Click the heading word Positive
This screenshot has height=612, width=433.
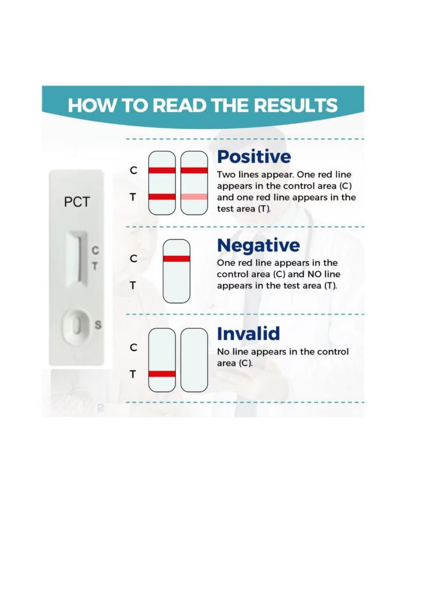(254, 157)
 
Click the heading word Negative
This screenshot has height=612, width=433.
(258, 246)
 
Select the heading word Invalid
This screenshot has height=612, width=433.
(249, 333)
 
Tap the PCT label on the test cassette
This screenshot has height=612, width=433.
(77, 202)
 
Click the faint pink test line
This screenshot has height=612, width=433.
(194, 196)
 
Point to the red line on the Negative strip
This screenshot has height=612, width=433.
(177, 258)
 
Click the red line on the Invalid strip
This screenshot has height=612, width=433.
(162, 374)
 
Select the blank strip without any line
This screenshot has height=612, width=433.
(194, 360)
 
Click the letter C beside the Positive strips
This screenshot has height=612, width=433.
(134, 170)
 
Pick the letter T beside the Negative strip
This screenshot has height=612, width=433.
(133, 286)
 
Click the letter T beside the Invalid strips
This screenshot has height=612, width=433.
(133, 374)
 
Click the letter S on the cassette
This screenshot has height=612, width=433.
(98, 325)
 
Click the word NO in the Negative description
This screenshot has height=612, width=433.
(315, 275)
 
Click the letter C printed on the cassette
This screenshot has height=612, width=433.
(95, 250)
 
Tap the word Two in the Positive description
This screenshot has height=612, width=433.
(226, 174)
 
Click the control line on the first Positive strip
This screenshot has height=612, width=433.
(162, 170)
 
